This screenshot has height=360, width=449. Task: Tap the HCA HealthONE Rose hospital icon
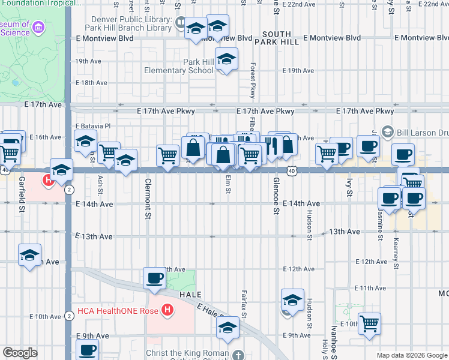pyautogui.click(x=168, y=310)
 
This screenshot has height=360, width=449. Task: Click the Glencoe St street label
pyautogui.click(x=277, y=196)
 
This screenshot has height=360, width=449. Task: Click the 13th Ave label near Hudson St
pyautogui.click(x=344, y=232)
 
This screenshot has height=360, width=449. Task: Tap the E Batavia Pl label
pyautogui.click(x=93, y=126)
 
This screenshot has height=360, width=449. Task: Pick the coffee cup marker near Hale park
pyautogui.click(x=155, y=278)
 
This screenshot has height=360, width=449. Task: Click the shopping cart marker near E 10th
pyautogui.click(x=370, y=324)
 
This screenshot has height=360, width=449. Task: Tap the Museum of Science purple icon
pyautogui.click(x=39, y=28)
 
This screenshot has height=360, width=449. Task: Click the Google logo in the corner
pyautogui.click(x=20, y=353)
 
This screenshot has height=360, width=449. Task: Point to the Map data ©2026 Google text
pyautogui.click(x=412, y=355)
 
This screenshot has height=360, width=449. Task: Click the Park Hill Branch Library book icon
pyautogui.click(x=181, y=23)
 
